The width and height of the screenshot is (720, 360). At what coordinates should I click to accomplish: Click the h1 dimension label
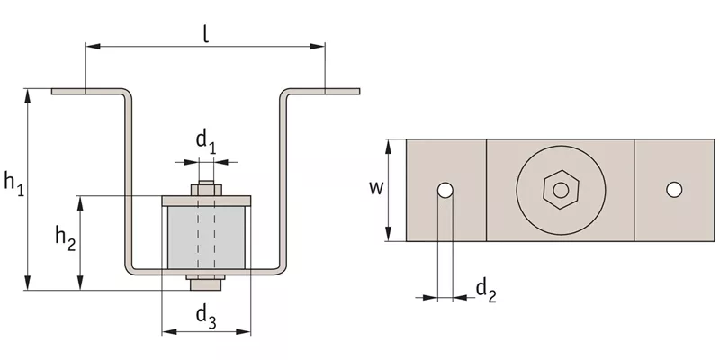point(14,183)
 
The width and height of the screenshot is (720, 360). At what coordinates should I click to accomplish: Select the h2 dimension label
point(66,238)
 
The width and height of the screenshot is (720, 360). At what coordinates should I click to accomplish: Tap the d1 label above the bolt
point(207,141)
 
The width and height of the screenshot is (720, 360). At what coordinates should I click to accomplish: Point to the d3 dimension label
point(207,317)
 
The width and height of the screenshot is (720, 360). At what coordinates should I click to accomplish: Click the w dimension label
point(376,188)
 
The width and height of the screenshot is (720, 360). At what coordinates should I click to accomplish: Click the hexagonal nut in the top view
point(561,190)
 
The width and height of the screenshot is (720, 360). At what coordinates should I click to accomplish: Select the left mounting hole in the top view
point(445,190)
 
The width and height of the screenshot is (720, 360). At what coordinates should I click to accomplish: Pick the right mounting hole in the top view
point(674,190)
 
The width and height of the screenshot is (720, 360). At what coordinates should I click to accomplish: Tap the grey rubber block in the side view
point(206,237)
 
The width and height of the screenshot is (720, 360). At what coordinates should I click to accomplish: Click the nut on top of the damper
point(207,190)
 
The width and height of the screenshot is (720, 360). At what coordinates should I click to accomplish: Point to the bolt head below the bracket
point(206,284)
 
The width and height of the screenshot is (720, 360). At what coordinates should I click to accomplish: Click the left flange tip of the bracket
point(52,92)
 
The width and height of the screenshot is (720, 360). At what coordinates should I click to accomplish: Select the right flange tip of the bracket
point(358,92)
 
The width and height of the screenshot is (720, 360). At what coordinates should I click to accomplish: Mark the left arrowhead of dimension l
point(94,47)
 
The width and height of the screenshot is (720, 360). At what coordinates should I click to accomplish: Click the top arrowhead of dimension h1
point(28,96)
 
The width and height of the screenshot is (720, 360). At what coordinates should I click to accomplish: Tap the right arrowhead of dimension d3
point(243,331)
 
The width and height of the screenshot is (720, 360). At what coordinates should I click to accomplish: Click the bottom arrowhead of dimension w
point(389,234)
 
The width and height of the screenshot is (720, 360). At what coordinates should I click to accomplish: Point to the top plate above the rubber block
point(206,201)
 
